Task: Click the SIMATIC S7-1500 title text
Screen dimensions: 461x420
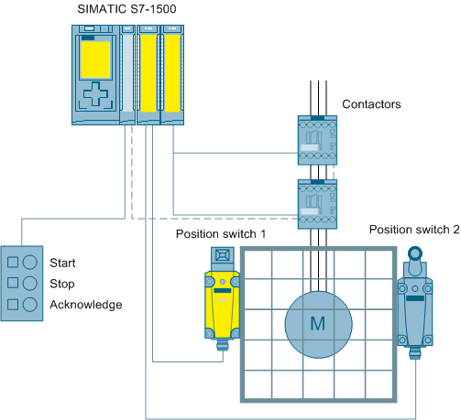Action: pos(126,9)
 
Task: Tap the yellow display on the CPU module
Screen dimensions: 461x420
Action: pos(95,59)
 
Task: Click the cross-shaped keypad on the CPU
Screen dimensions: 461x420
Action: pos(95,93)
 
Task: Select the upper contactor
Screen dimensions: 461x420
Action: pos(317,140)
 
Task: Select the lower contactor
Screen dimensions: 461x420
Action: pos(317,204)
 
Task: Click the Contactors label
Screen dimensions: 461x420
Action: pos(371,104)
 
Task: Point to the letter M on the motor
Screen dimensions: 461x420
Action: pos(318,324)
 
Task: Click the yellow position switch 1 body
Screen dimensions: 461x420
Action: pos(222,305)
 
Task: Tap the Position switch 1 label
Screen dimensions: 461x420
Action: pos(221,234)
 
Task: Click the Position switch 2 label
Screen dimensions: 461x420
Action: pos(414,230)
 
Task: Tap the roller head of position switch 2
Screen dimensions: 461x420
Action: pos(415,253)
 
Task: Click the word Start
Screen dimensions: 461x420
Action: pos(62,263)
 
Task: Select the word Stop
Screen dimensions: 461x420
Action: pos(62,284)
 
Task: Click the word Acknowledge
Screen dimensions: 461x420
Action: pos(86,305)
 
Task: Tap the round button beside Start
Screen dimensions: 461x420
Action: pos(30,262)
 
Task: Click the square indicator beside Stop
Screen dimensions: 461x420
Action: pos(13,283)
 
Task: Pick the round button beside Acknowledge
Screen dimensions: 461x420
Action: pos(30,305)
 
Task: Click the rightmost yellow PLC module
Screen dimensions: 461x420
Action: pos(172,75)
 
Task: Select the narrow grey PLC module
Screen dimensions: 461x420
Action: pos(127,75)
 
